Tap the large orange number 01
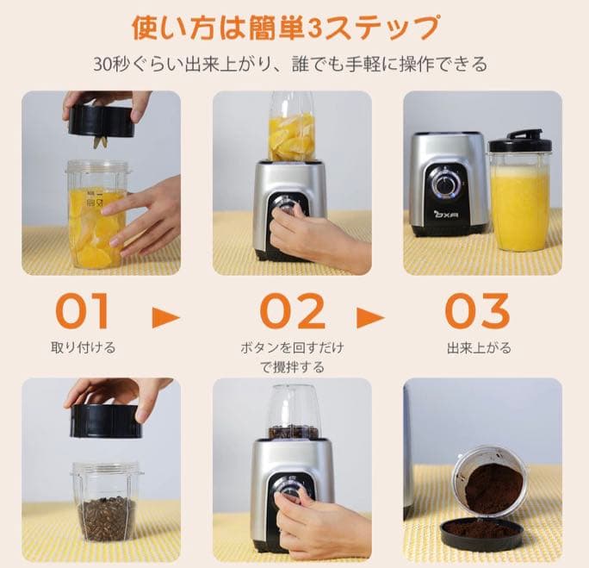pyautogui.click(x=84, y=312)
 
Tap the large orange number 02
pyautogui.click(x=293, y=312)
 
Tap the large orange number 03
pyautogui.click(x=477, y=312)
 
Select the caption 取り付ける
pyautogui.click(x=84, y=348)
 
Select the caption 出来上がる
pyautogui.click(x=479, y=348)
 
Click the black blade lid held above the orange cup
pyautogui.click(x=102, y=122)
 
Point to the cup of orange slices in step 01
pyautogui.click(x=96, y=215)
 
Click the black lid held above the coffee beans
pyautogui.click(x=106, y=421)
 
